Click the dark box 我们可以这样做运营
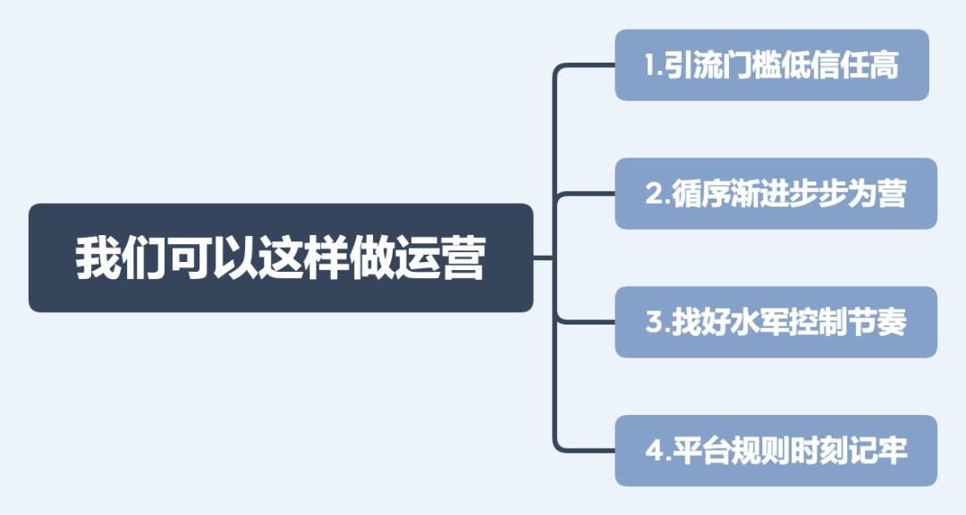pyautogui.click(x=281, y=257)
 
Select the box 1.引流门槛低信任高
pyautogui.click(x=771, y=65)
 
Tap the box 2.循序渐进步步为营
pyautogui.click(x=775, y=194)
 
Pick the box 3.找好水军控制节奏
pyautogui.click(x=775, y=322)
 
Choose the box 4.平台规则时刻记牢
pyautogui.click(x=775, y=451)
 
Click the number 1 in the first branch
pyautogui.click(x=651, y=66)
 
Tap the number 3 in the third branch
pyautogui.click(x=653, y=323)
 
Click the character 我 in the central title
pyautogui.click(x=97, y=258)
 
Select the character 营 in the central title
pyautogui.click(x=462, y=258)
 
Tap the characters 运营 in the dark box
pyautogui.click(x=439, y=258)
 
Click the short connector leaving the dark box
pyautogui.click(x=544, y=257)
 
